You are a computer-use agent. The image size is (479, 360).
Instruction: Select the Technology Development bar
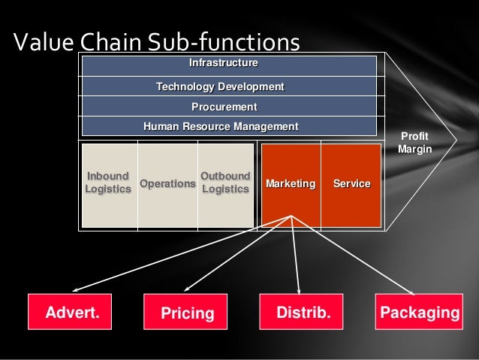pyautogui.click(x=228, y=86)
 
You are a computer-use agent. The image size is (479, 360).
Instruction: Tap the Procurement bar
pyautogui.click(x=228, y=107)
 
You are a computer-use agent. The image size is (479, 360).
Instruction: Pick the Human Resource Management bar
pyautogui.click(x=228, y=126)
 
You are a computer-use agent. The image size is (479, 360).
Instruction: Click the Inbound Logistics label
pyautogui.click(x=107, y=183)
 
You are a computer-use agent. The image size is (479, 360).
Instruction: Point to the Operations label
pyautogui.click(x=167, y=183)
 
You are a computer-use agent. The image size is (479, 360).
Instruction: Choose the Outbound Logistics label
pyautogui.click(x=225, y=183)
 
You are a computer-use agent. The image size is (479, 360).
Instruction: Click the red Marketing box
pyautogui.click(x=290, y=183)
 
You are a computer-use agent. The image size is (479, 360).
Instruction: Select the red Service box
pyautogui.click(x=351, y=183)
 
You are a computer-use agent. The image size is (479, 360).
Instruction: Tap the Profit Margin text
pyautogui.click(x=414, y=143)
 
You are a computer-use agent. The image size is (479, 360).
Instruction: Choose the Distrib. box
pyautogui.click(x=303, y=312)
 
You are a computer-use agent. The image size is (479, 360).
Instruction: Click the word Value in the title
pyautogui.click(x=42, y=42)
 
